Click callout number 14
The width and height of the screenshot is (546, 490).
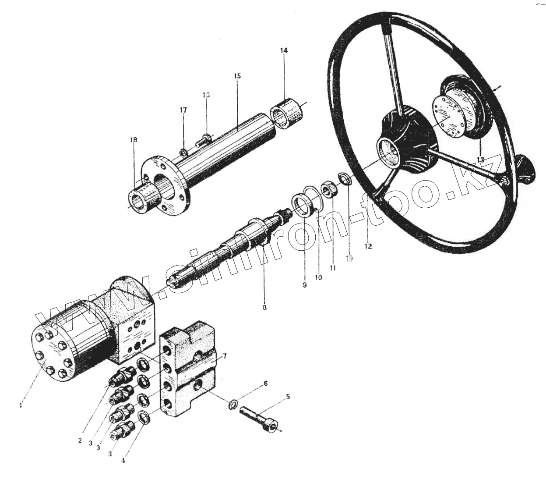(x=284, y=51)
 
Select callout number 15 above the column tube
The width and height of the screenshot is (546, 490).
(x=237, y=76)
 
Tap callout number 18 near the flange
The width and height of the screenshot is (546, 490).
(x=133, y=140)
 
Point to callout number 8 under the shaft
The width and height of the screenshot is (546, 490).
(x=264, y=308)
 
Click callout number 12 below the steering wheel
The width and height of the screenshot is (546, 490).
(x=368, y=246)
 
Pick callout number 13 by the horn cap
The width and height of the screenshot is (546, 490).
(x=480, y=160)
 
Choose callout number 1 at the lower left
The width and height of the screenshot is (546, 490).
(x=20, y=405)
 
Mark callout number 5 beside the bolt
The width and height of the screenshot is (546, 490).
(x=288, y=397)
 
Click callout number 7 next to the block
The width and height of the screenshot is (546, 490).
(x=224, y=356)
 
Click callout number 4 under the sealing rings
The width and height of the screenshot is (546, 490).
(x=123, y=461)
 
